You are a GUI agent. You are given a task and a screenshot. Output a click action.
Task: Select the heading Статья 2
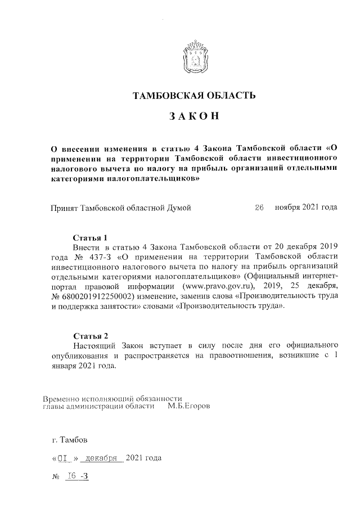tap(90, 336)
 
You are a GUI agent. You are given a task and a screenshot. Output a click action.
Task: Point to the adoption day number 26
tap(259, 208)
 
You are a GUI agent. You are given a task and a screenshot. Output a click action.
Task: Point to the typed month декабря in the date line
tap(102, 458)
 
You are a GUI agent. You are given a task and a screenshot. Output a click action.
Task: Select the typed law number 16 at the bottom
tap(71, 476)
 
